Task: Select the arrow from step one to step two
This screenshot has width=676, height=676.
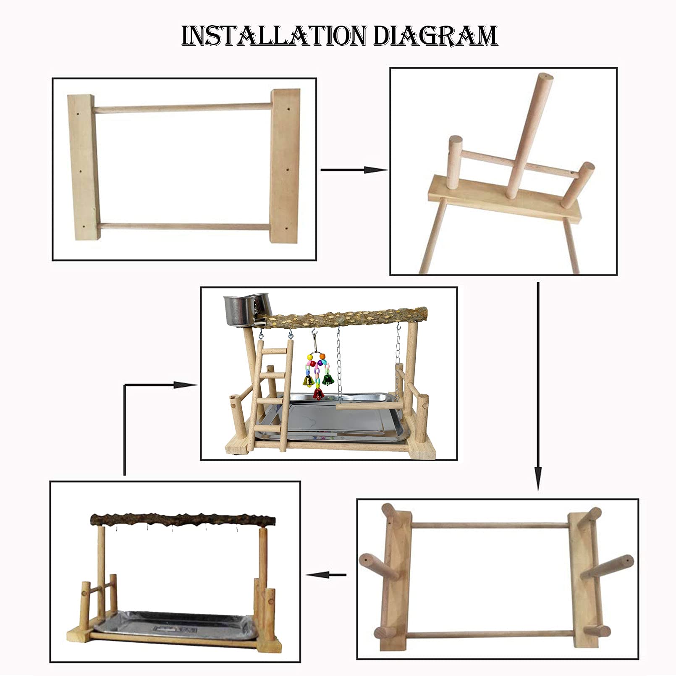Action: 353,170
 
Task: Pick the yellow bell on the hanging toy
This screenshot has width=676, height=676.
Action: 307,380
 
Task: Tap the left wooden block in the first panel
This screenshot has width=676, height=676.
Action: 82,167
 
